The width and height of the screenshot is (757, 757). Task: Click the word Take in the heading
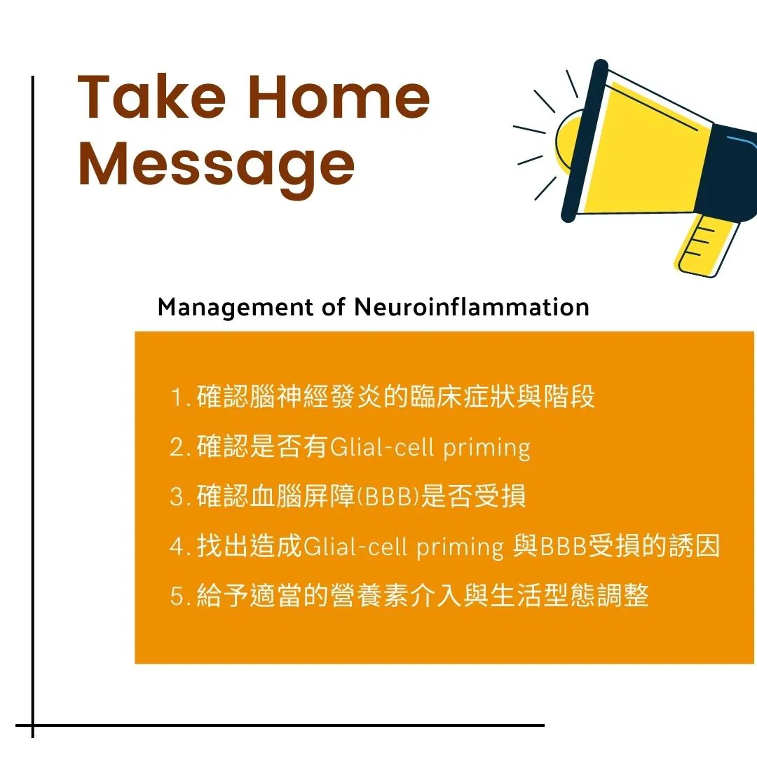151,97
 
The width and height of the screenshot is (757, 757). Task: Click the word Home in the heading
339,97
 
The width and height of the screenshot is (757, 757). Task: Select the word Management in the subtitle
235,308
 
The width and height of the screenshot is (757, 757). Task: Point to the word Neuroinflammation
471,306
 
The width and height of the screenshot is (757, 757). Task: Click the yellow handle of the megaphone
707,245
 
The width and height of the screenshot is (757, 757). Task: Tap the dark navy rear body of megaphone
729,172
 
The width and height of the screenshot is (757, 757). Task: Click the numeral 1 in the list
177,398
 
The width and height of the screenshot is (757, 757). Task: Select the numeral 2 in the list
177,447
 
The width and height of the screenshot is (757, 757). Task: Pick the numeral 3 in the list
177,496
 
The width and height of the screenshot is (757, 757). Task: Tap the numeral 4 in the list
177,547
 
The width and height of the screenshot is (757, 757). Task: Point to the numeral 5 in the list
177,596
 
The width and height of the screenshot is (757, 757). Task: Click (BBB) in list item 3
388,496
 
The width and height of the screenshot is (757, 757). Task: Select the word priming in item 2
486,449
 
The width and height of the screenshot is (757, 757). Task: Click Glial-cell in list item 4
355,547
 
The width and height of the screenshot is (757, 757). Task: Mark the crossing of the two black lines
33,725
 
